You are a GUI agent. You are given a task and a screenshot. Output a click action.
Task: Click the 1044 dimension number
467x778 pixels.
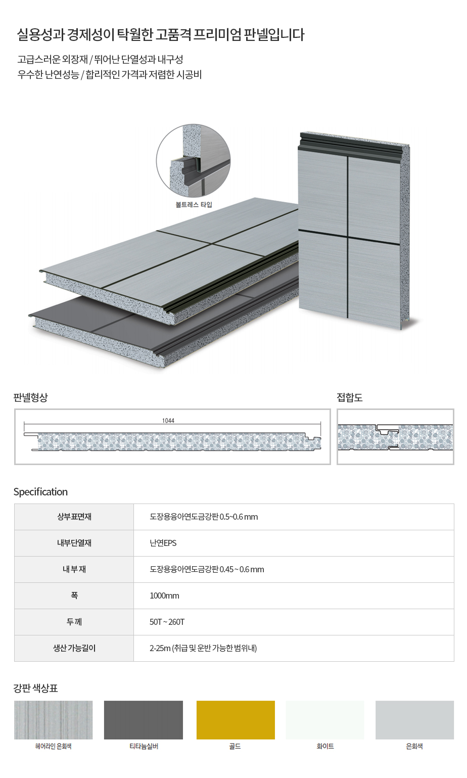pyautogui.click(x=168, y=421)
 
